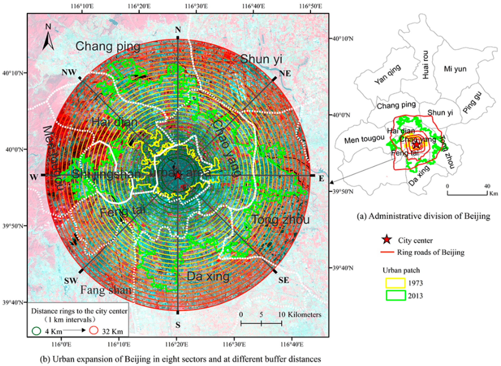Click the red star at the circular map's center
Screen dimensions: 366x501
point(178,176)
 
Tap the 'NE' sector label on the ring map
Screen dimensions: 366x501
point(285,73)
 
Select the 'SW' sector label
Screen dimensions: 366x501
point(71,281)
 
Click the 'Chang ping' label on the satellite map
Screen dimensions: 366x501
point(108,47)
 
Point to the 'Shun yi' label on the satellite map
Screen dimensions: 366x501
point(261,59)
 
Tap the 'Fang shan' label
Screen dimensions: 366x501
point(106,290)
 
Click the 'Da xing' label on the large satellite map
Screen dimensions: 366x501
point(208,276)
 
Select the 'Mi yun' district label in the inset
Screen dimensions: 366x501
point(455,69)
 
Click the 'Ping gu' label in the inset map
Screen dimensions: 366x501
point(473,103)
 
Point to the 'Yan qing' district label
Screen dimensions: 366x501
point(387,74)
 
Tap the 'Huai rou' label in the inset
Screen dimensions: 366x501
point(425,65)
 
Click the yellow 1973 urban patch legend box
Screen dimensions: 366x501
point(395,283)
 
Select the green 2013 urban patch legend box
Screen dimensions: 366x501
point(395,295)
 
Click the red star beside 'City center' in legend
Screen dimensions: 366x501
point(387,240)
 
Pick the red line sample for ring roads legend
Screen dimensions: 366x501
point(387,252)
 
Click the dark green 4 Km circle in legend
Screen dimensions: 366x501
point(36,331)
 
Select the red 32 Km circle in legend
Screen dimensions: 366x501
point(94,330)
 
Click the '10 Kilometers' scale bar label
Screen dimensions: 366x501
point(300,315)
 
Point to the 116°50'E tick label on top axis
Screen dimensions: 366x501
point(311,6)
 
